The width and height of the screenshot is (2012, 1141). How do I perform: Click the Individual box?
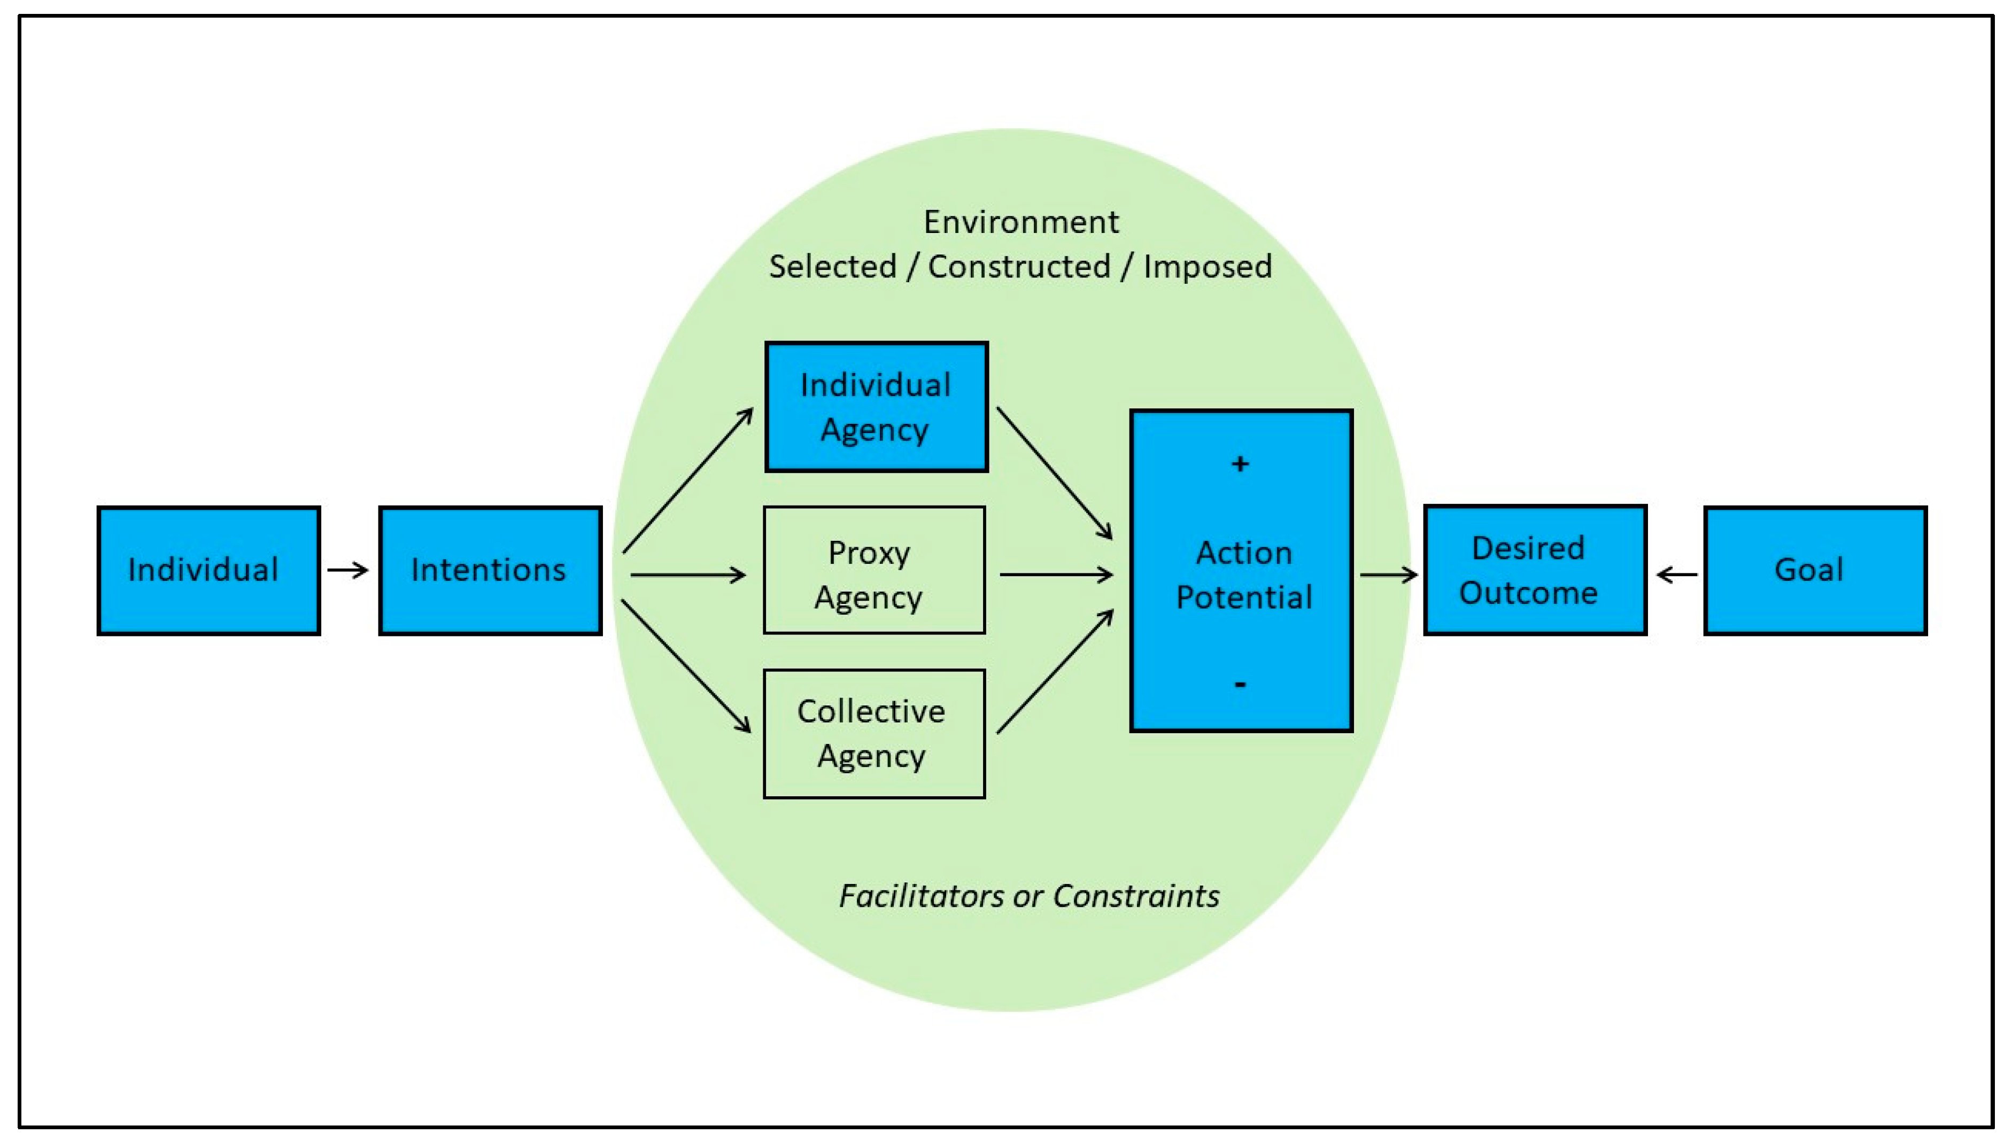208,571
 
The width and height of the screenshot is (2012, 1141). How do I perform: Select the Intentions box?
490,571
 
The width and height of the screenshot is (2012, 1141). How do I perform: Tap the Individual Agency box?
876,407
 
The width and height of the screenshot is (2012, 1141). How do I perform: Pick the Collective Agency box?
874,733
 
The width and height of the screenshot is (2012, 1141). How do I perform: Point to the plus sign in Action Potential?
1239,464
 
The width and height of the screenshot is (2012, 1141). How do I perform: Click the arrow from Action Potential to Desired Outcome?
1388,575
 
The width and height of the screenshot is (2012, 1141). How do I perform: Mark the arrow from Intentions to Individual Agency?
687,480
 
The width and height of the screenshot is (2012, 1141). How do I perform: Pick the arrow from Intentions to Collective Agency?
686,666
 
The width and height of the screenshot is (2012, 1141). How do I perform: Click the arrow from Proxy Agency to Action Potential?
1056,575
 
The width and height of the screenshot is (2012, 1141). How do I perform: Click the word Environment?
1020,222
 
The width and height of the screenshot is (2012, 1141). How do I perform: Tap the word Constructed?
1019,267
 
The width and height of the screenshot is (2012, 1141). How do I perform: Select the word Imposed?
1207,267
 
